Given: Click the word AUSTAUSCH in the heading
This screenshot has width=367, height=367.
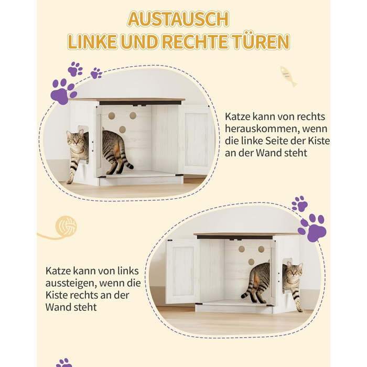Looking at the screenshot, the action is tap(178, 19).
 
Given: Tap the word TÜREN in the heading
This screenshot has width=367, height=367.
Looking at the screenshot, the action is tap(261, 41).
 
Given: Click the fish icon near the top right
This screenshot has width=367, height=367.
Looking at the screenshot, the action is tap(288, 76).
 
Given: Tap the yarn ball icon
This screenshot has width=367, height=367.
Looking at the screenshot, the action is tap(66, 226).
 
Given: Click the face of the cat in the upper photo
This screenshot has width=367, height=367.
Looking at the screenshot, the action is tap(75, 141).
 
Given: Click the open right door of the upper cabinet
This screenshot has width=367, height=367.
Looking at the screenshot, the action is tap(196, 139).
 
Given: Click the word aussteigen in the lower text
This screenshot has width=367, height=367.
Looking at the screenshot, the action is tap(70, 284).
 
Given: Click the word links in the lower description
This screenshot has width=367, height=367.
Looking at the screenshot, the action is tap(128, 271).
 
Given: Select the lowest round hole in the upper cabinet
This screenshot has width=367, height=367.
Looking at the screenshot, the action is tap(122, 129).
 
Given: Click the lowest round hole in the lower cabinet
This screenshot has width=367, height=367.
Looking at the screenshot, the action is tap(251, 262).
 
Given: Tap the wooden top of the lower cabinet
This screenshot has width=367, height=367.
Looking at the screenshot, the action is tap(246, 234).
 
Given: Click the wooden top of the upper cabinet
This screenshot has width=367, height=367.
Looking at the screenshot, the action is tap(127, 100).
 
